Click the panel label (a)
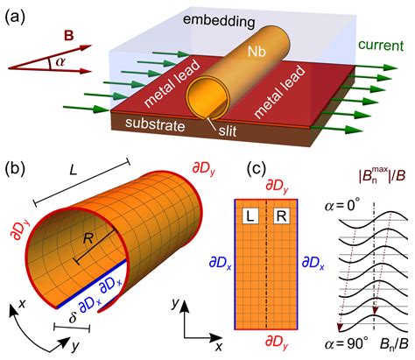18,14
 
